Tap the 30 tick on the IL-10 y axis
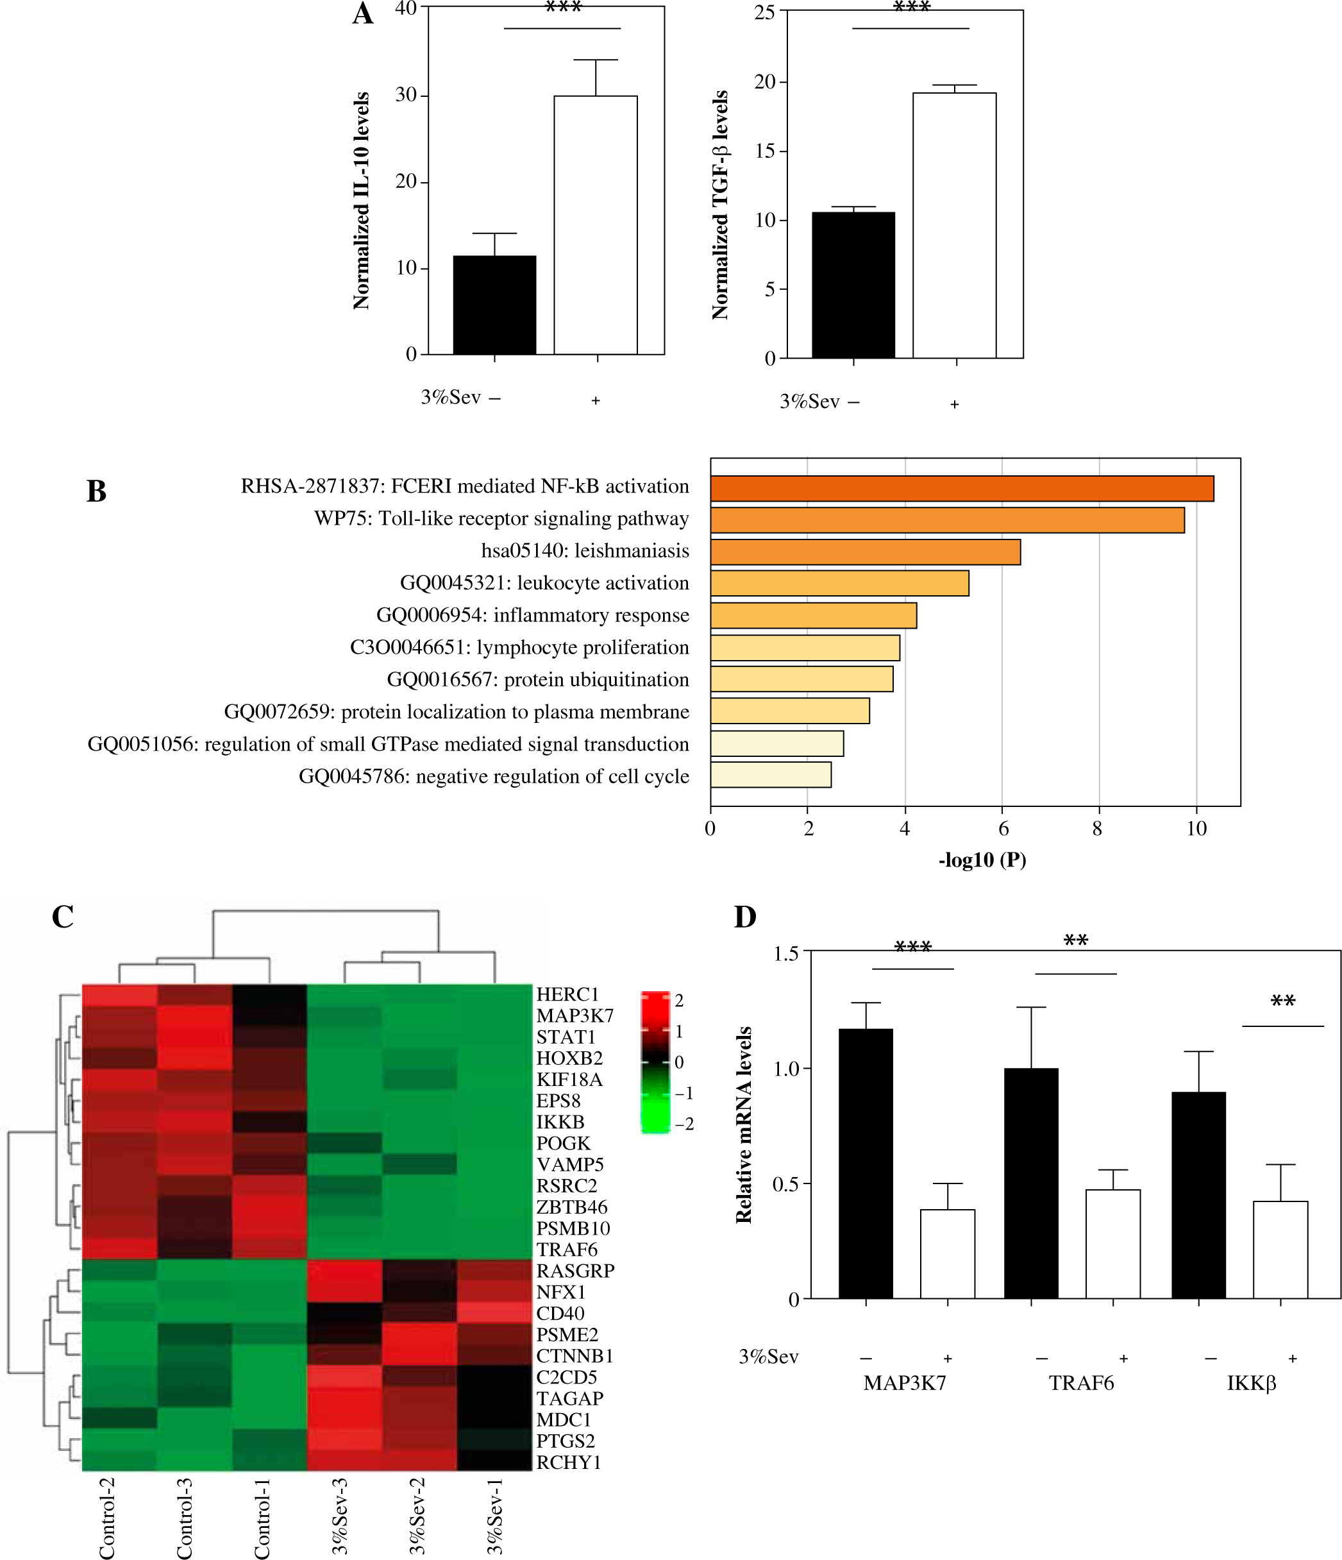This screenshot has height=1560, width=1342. point(407,95)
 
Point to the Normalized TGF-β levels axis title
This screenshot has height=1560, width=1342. point(720,205)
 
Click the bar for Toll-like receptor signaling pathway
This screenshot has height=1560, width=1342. point(947,520)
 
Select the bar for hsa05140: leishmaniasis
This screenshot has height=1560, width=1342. point(865,552)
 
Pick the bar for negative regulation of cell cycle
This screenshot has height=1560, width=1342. point(771,776)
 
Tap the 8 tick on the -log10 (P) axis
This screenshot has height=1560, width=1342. point(1097,829)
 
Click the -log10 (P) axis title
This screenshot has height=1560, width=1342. point(982,860)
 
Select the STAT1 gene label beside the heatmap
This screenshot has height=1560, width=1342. point(566,1037)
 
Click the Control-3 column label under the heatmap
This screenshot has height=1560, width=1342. point(185,1517)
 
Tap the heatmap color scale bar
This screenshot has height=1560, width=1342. point(655,1062)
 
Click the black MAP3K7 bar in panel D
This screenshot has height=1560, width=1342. point(866,1163)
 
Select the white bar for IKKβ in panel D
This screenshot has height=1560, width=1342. point(1280,1249)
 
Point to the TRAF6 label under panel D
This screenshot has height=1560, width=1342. point(1081,1383)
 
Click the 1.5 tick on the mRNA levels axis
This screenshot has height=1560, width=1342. point(786,954)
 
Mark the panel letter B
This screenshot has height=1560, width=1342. point(96,491)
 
